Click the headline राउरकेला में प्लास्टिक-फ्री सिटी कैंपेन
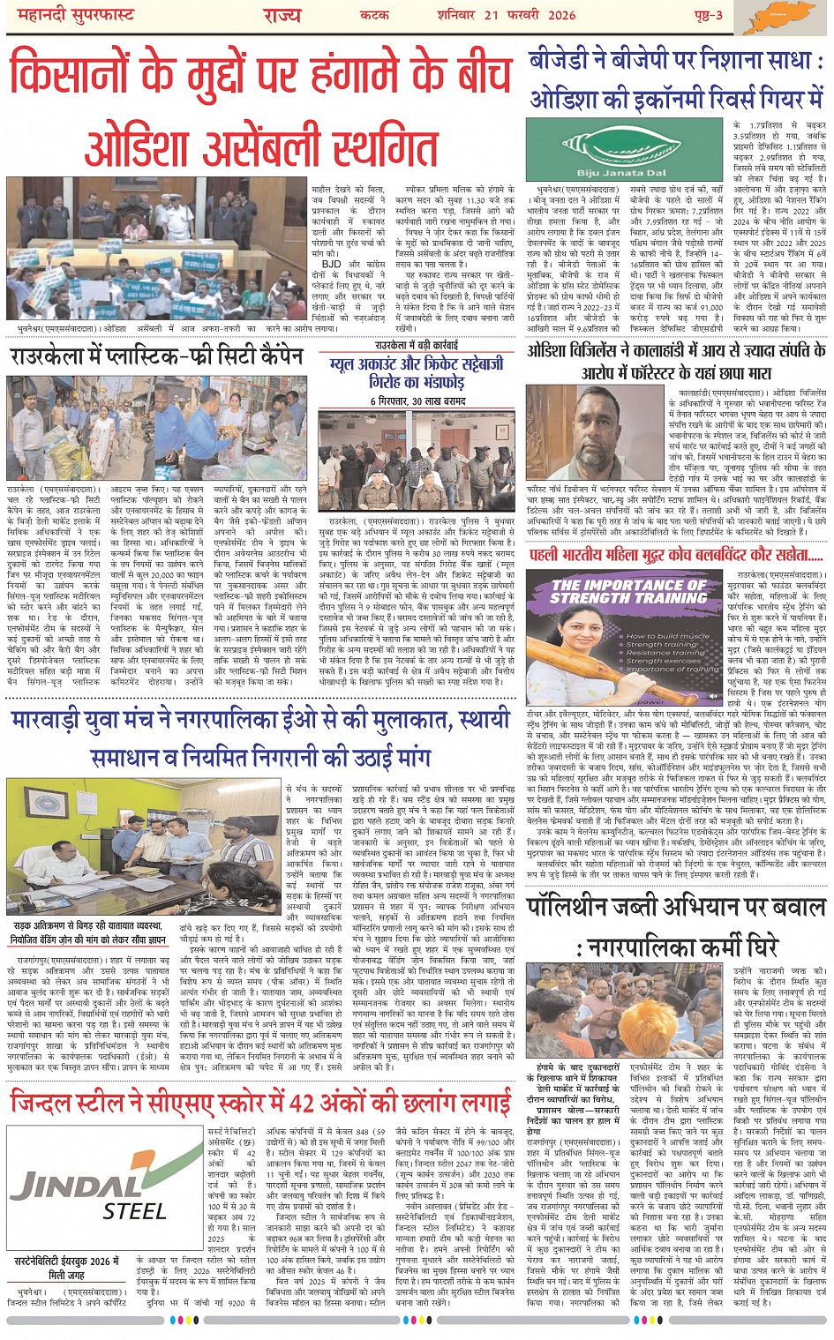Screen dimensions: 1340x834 click(157, 357)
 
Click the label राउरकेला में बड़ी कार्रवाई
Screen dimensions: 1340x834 click(416, 347)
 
